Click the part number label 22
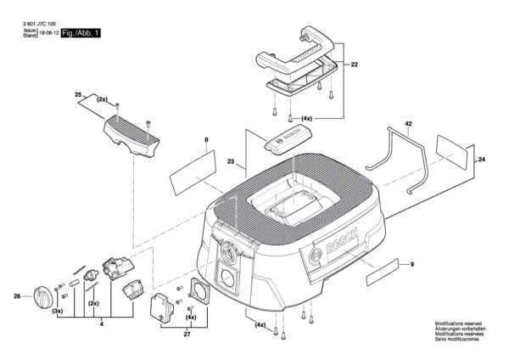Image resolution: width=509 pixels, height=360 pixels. [355, 65]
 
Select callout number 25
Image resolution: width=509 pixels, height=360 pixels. [77, 94]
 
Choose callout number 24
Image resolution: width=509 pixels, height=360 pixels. [482, 160]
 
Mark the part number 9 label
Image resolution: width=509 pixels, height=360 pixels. [411, 267]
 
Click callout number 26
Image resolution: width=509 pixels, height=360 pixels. [17, 296]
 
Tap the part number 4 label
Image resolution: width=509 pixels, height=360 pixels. [101, 323]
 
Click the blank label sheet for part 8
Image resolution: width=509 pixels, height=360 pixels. [192, 172]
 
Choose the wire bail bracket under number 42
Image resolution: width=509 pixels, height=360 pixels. [400, 157]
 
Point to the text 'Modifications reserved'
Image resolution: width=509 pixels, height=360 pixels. [459, 323]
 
